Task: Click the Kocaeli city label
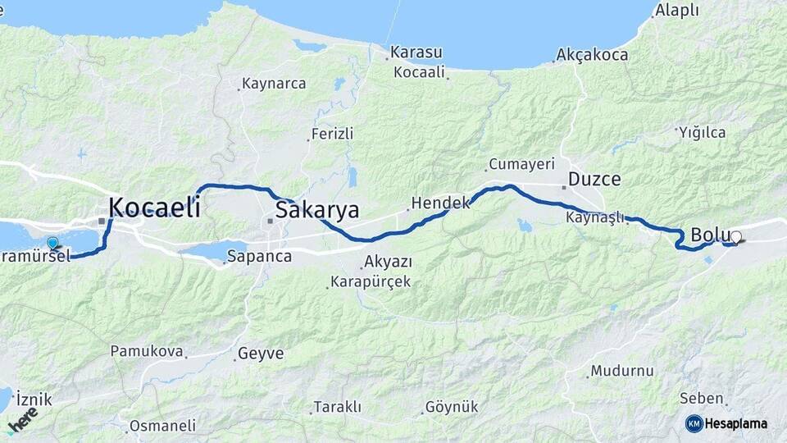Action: (x=154, y=208)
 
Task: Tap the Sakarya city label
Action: (x=317, y=210)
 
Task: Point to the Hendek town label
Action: (x=440, y=202)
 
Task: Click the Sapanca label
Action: (x=260, y=256)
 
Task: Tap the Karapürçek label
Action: (x=370, y=282)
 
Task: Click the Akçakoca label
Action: (x=592, y=55)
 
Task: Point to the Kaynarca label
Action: (x=274, y=84)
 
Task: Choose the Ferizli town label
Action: (x=332, y=134)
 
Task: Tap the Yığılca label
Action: (x=703, y=131)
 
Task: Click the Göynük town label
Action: (x=451, y=408)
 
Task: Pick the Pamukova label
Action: (x=146, y=351)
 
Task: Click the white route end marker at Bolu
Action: (x=736, y=237)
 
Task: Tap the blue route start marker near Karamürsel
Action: (x=52, y=243)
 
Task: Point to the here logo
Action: (x=23, y=422)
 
